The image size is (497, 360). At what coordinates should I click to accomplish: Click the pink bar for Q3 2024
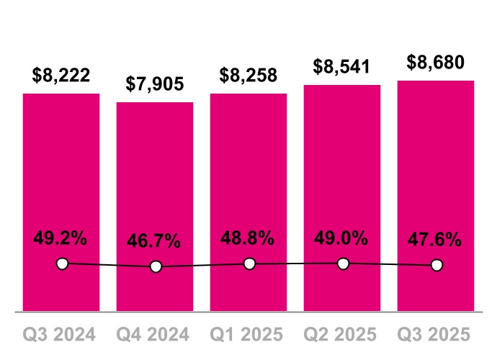click(x=61, y=180)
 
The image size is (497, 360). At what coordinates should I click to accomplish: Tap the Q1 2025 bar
click(x=248, y=180)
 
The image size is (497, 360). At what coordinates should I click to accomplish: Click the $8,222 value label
click(x=61, y=75)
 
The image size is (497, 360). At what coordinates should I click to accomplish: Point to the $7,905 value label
click(x=155, y=84)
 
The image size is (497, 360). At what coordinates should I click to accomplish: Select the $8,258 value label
click(x=248, y=75)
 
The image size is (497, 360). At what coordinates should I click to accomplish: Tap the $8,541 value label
click(x=342, y=66)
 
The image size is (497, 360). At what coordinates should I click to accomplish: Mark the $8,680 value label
click(x=436, y=62)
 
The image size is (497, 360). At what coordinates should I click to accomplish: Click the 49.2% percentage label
click(x=61, y=238)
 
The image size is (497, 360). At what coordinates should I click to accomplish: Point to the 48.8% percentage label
click(x=248, y=238)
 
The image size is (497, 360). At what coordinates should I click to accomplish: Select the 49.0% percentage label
click(x=342, y=238)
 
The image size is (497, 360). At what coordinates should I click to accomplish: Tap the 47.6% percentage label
click(x=436, y=240)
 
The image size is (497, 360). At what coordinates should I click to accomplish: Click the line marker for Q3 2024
click(x=62, y=264)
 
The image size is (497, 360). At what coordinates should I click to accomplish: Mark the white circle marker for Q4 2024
click(x=156, y=267)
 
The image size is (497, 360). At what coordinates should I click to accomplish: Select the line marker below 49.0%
click(x=343, y=264)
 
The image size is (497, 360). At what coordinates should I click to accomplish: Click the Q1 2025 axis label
click(x=248, y=335)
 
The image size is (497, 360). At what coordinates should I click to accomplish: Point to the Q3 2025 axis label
click(x=436, y=335)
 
